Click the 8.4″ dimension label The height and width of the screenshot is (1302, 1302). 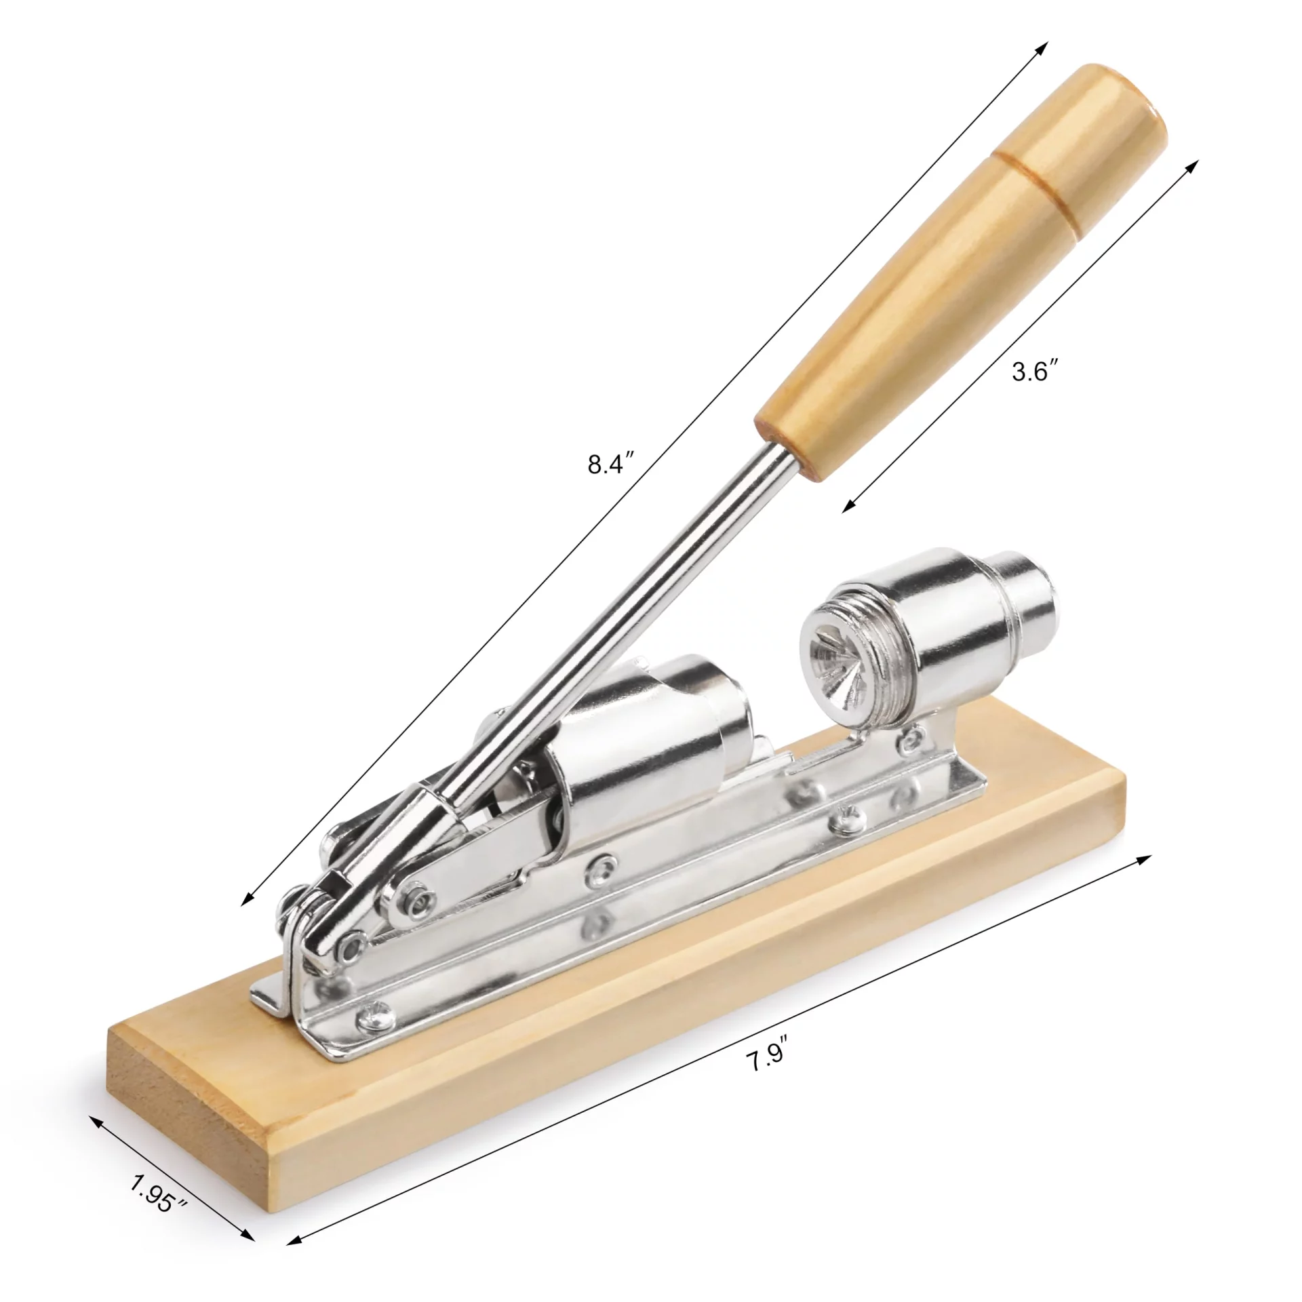(x=611, y=464)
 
